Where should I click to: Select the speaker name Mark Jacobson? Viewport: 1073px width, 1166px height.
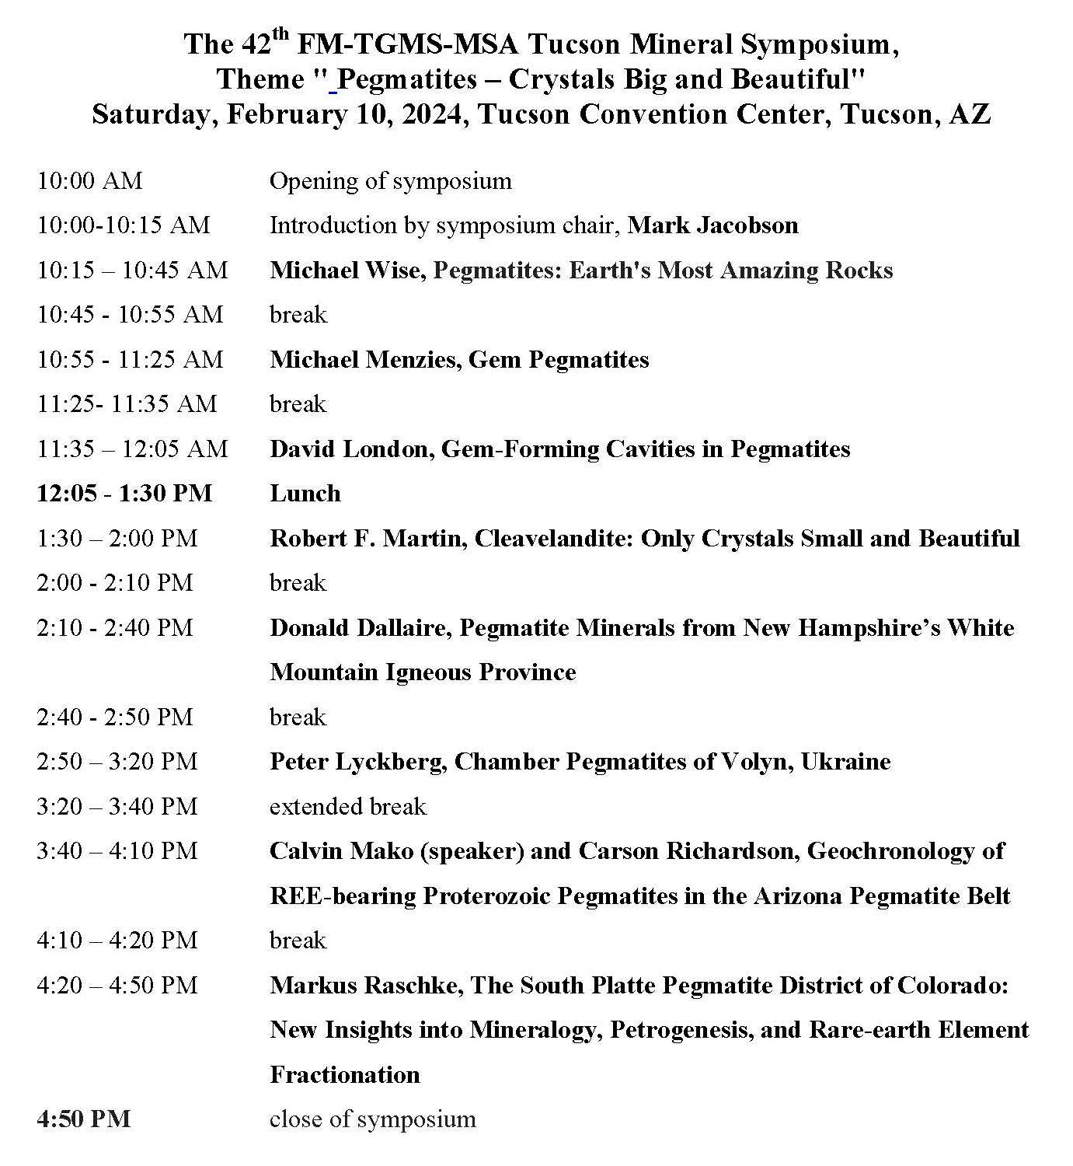712,225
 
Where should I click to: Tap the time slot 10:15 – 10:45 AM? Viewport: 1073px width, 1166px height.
132,271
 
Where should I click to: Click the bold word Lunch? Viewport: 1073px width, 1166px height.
305,494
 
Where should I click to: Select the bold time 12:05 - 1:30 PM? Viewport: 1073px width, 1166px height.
124,494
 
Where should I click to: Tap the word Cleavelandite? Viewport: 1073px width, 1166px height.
552,539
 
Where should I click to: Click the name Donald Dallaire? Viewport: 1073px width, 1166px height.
359,628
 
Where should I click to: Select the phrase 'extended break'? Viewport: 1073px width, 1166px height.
347,806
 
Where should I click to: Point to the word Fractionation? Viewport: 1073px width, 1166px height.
344,1075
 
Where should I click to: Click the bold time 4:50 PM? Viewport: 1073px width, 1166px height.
83,1119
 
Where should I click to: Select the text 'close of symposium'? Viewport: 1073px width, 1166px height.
372,1119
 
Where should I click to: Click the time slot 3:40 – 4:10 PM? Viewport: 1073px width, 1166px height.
117,851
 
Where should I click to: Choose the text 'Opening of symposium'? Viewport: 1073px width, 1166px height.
390,181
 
